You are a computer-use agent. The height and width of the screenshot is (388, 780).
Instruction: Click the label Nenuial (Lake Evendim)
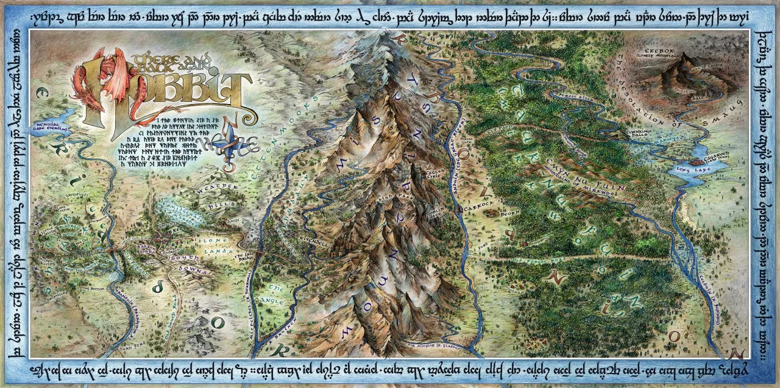pos(51,130)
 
